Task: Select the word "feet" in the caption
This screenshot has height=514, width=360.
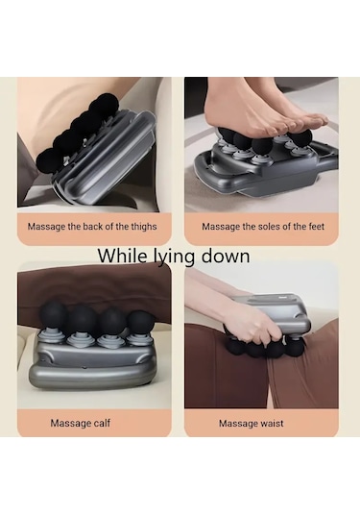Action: click(317, 227)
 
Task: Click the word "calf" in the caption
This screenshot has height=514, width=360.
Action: click(102, 423)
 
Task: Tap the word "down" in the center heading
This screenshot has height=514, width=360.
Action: click(225, 256)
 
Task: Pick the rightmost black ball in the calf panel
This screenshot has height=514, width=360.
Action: click(140, 323)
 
